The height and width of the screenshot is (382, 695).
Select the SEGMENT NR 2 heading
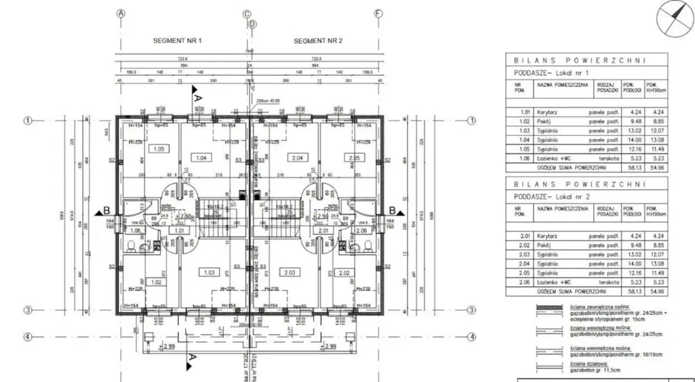tap(318, 41)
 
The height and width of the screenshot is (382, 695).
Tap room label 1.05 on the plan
tap(159, 149)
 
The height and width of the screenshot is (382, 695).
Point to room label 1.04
tap(201, 157)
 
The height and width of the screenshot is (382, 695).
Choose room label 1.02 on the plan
tap(155, 282)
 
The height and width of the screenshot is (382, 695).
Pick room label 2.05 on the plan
tap(354, 157)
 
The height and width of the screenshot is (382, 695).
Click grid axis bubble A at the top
tap(121, 13)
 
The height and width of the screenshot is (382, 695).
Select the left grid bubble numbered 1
tap(29, 120)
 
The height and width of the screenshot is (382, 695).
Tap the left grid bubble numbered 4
tap(29, 337)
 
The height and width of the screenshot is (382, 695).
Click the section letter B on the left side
tap(106, 210)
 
